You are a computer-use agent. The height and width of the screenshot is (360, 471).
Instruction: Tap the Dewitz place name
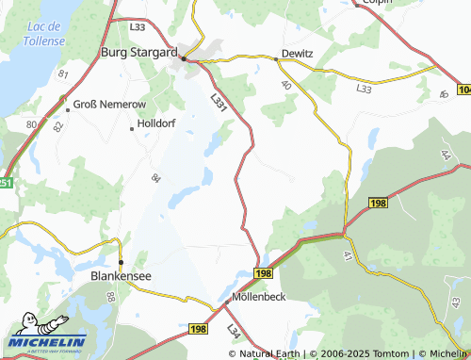click(297, 54)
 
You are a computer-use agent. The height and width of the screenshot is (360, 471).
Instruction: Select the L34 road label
click(233, 331)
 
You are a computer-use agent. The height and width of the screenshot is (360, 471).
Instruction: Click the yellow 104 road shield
click(463, 88)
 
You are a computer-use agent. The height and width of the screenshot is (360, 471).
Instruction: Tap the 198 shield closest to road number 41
click(379, 204)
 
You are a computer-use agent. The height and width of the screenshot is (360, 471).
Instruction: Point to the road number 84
click(156, 177)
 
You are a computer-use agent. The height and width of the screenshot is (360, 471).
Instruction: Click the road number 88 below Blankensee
click(111, 297)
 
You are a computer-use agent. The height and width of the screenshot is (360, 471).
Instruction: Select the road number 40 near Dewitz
click(285, 85)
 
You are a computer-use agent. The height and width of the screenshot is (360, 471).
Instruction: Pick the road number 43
click(455, 303)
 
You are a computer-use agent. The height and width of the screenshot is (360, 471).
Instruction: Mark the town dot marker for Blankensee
click(121, 262)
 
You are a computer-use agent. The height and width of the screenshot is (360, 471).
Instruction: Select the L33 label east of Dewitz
click(365, 88)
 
